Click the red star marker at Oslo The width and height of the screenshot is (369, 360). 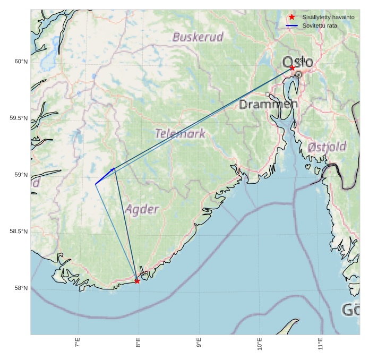292,68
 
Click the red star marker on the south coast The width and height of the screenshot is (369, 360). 137,280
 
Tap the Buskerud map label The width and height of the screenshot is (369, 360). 198,37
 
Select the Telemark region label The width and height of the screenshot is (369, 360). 181,133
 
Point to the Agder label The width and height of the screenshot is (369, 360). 142,209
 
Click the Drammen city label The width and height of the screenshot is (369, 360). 268,105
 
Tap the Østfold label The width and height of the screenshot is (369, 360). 327,147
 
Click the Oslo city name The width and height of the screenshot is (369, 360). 298,62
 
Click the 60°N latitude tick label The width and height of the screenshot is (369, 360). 21,62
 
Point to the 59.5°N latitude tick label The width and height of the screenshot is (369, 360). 19,118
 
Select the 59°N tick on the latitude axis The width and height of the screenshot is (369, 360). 21,175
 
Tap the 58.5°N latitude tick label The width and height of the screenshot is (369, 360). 19,232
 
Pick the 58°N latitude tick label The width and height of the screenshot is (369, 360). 21,288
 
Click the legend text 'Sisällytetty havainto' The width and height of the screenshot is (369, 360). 328,18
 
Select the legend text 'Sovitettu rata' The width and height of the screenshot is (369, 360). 320,25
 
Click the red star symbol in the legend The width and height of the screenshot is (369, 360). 291,17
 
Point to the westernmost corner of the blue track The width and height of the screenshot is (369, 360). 96,184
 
